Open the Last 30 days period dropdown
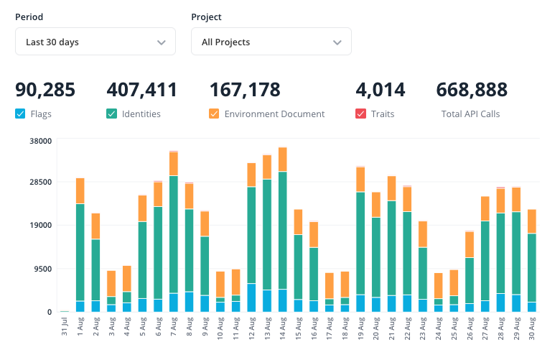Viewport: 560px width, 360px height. (x=95, y=42)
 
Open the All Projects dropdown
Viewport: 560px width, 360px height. (x=271, y=42)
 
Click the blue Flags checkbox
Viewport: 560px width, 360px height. (x=20, y=114)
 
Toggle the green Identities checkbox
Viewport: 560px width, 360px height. (x=111, y=114)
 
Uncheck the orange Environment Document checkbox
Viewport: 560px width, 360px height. (x=214, y=114)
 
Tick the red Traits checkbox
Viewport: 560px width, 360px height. (x=360, y=114)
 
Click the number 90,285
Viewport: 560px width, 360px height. (x=45, y=90)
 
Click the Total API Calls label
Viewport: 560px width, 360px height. (x=470, y=114)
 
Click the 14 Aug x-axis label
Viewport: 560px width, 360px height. (x=283, y=327)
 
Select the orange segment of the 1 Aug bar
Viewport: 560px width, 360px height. (x=80, y=190)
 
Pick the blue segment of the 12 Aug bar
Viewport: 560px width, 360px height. (x=252, y=297)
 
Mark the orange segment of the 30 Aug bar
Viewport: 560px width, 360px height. (x=532, y=221)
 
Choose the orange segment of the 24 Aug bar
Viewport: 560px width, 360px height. (x=439, y=285)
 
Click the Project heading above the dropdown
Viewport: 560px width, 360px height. (x=207, y=17)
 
